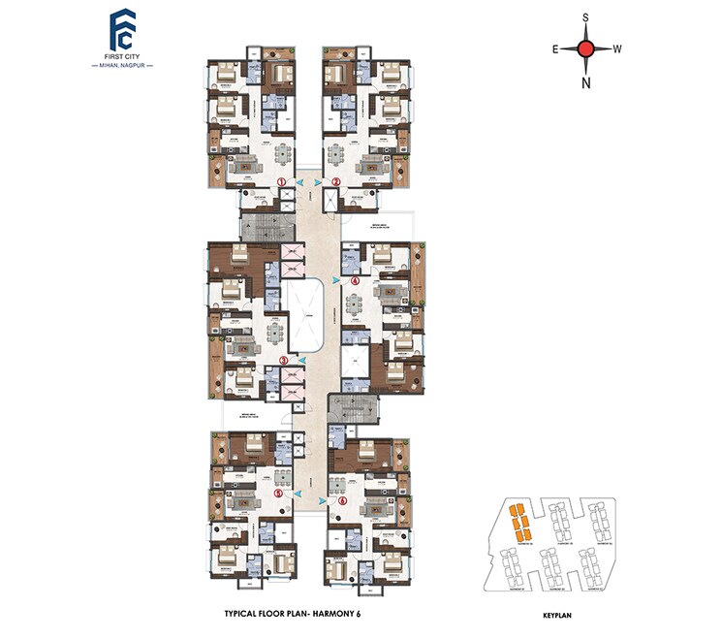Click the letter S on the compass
(585, 17)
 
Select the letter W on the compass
(617, 48)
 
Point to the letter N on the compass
(585, 82)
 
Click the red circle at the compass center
(585, 48)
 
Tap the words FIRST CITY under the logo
(122, 55)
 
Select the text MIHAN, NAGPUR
(122, 66)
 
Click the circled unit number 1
(282, 182)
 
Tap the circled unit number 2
(336, 182)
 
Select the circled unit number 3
(283, 360)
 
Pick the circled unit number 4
(356, 280)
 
